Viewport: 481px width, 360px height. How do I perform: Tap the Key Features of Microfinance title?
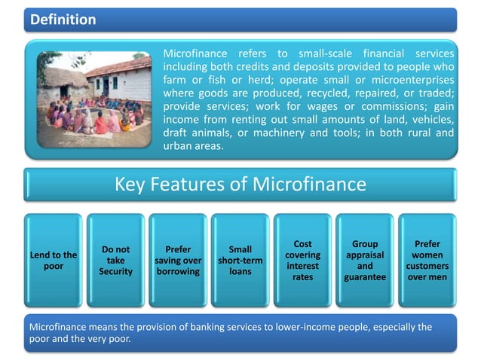point(240,185)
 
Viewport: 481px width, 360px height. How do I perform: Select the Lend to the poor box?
point(52,261)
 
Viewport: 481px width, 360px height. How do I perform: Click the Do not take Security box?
point(115,261)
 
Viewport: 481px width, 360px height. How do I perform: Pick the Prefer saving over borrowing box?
point(177,261)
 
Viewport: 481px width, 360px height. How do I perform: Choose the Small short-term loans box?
point(240,261)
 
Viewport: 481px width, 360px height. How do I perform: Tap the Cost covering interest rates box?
point(302,261)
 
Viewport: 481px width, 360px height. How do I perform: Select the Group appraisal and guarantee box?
point(365,261)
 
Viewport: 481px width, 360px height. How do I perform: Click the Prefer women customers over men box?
point(427,261)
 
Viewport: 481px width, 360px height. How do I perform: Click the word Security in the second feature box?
point(115,271)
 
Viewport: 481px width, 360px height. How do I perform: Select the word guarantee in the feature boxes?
point(365,277)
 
